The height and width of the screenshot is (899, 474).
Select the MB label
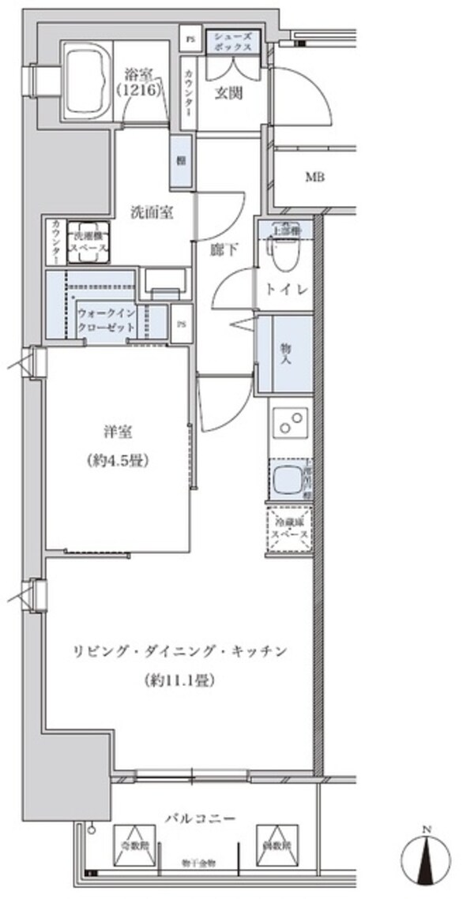point(316,177)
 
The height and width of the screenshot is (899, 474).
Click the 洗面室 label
point(152,212)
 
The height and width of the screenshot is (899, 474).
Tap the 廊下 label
point(223,249)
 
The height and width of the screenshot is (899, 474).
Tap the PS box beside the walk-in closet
point(182,324)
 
